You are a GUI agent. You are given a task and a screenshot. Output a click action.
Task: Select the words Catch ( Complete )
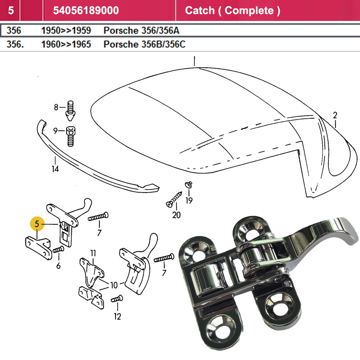tap(232, 10)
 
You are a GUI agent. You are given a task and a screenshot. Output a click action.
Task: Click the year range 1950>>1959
tap(66, 30)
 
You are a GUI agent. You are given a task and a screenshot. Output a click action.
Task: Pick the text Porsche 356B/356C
tap(144, 44)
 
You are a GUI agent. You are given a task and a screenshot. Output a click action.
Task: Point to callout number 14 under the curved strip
tap(55, 168)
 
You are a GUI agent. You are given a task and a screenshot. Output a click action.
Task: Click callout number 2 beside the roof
tap(335, 116)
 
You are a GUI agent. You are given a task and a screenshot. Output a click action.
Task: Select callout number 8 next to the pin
tap(56, 107)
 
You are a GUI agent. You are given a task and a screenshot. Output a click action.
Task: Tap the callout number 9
tap(56, 131)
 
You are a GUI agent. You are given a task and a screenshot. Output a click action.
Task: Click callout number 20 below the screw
tap(176, 215)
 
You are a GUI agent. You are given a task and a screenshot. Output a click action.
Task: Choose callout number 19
tap(189, 200)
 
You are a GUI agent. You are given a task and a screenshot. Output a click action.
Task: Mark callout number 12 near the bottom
tap(117, 316)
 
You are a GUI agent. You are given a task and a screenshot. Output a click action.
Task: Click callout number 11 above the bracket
tap(93, 253)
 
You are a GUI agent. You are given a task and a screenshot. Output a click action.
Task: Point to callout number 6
tap(58, 266)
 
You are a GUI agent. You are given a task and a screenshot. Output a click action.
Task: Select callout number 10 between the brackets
tap(114, 285)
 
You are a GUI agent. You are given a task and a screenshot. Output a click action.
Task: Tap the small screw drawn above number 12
tap(117, 298)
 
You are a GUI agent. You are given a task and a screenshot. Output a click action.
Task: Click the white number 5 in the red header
tap(11, 10)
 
